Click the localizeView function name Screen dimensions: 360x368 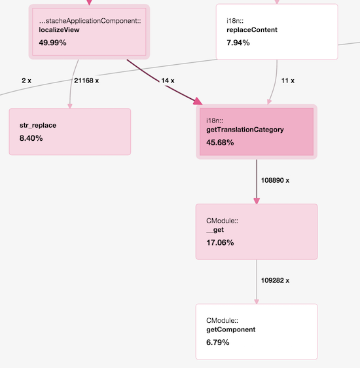tap(59, 30)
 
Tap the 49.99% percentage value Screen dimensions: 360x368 tap(52, 43)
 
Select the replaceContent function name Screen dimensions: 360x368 tap(252, 30)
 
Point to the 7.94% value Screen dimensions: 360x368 tap(238, 43)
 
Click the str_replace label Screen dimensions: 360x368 tap(38, 125)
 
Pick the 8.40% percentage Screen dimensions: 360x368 tap(31, 138)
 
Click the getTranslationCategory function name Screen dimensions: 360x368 tap(245, 130)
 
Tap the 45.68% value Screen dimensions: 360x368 tap(220, 143)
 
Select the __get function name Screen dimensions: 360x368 tap(215, 230)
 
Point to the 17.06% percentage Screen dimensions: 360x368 tap(220, 242)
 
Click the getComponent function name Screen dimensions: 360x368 tap(231, 330)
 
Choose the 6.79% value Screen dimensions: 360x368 tap(218, 342)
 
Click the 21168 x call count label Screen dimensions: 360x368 tap(86, 81)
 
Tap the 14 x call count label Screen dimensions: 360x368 tap(168, 81)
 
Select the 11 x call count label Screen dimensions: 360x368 tap(288, 81)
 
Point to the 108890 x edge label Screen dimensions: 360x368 tap(275, 180)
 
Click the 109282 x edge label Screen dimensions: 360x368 tap(275, 280)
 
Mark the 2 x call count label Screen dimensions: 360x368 tap(26, 81)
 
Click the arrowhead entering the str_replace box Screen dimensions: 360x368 tap(70, 106)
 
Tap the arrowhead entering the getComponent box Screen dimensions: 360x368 tap(257, 302)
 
